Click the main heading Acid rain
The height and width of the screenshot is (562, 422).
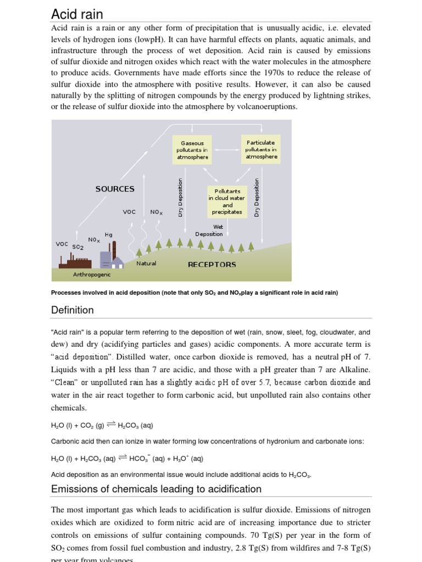click(x=77, y=14)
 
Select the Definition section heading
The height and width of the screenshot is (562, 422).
click(x=73, y=310)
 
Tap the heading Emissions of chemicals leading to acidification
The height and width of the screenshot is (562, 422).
click(x=156, y=488)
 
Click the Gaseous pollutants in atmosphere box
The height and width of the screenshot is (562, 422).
click(x=192, y=150)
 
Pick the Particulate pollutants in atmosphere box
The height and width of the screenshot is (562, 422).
click(x=261, y=149)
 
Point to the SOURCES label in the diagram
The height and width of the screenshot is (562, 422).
click(x=115, y=189)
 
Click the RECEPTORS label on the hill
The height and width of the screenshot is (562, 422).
click(x=212, y=264)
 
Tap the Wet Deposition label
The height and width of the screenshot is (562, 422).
click(x=209, y=230)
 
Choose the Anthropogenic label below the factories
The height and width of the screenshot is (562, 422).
click(x=92, y=274)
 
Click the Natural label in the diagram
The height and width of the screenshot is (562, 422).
click(x=146, y=263)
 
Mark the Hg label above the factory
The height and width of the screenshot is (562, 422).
click(x=108, y=234)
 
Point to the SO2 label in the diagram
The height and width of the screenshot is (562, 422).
click(x=77, y=247)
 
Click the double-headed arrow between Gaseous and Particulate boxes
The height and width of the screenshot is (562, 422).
click(x=226, y=149)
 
